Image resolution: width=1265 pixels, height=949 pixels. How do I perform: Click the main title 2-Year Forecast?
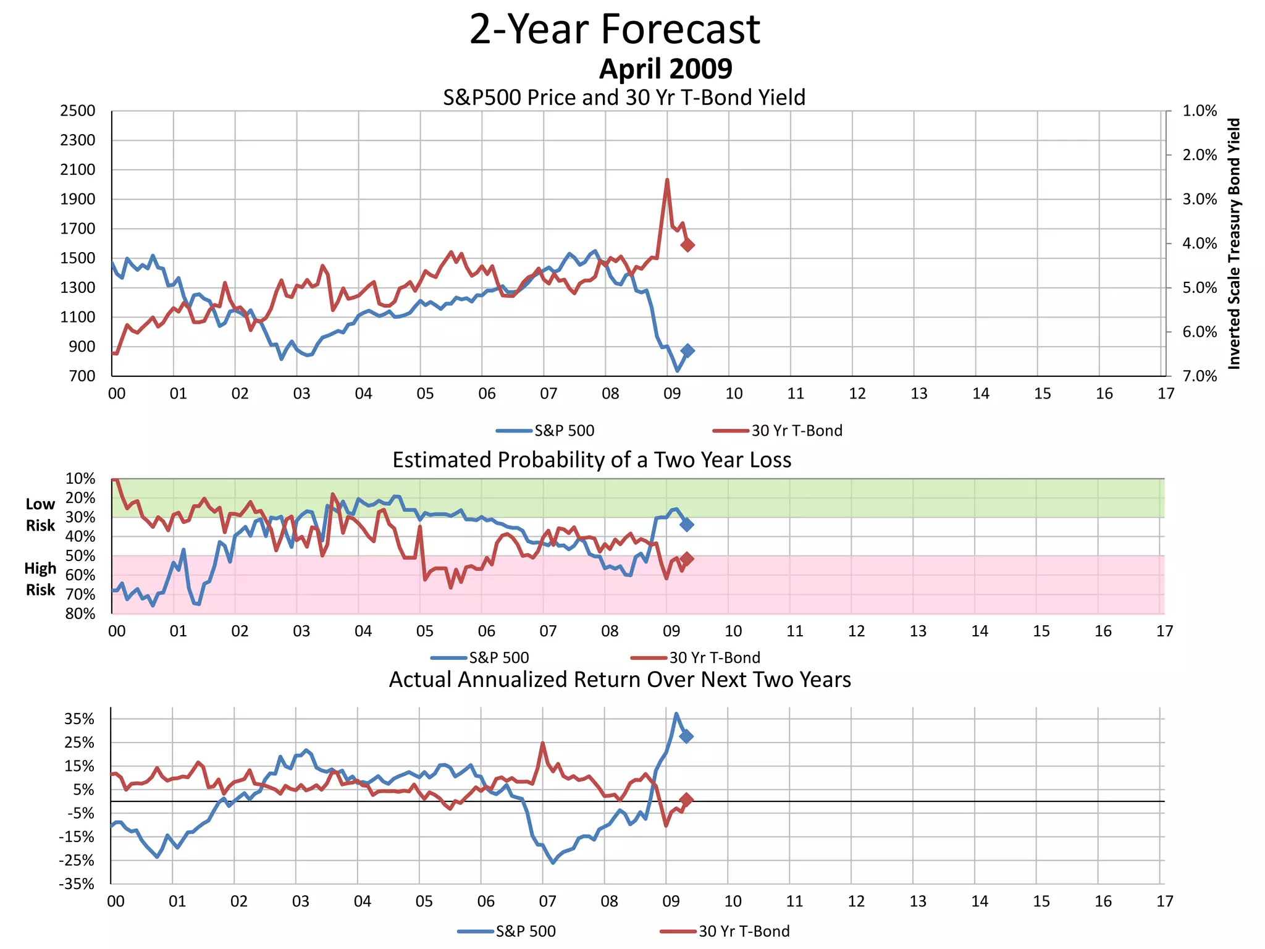[615, 30]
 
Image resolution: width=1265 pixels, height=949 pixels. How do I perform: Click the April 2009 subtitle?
[665, 69]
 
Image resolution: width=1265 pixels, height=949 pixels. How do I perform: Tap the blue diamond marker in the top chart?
[687, 351]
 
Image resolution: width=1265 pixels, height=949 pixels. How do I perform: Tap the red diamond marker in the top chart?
[687, 245]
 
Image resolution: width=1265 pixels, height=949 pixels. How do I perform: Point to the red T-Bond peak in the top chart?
[667, 180]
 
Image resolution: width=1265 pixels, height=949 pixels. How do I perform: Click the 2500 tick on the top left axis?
[78, 111]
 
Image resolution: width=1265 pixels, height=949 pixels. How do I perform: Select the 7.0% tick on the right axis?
[1200, 376]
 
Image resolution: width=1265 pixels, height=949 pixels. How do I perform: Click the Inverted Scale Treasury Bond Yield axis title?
[1233, 243]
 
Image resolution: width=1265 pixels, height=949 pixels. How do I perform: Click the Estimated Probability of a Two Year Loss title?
[592, 460]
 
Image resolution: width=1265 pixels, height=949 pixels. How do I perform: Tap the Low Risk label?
[40, 515]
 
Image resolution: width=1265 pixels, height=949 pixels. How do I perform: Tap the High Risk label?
[40, 579]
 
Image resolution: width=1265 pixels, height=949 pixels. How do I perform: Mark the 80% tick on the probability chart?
[80, 614]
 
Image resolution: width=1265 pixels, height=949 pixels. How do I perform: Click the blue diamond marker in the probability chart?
[686, 525]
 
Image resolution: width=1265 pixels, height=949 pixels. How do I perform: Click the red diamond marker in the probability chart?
[686, 559]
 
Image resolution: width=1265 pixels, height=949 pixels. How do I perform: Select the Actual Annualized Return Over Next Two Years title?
[620, 680]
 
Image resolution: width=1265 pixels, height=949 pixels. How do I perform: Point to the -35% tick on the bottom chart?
[77, 884]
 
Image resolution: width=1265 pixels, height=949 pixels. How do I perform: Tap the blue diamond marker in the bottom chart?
[686, 736]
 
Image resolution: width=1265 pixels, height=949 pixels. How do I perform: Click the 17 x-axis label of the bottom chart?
[1164, 901]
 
